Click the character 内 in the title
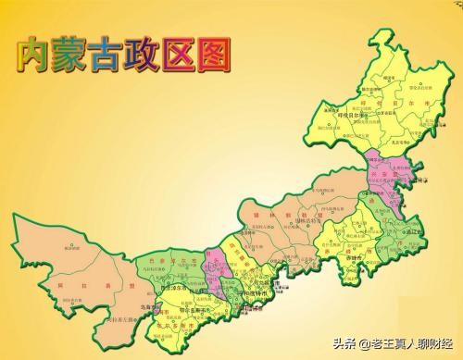click(x=33, y=53)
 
